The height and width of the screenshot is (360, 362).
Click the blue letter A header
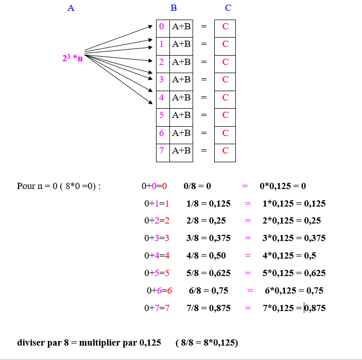71,8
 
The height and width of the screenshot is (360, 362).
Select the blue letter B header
174,8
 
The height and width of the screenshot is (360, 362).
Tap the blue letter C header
228,8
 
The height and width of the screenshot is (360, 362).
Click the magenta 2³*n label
72,58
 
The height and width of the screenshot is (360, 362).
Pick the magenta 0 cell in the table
162,26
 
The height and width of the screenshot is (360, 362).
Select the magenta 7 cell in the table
162,150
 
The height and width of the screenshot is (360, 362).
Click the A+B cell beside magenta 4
181,97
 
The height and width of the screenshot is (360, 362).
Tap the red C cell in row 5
226,115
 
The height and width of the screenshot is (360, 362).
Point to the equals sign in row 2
203,62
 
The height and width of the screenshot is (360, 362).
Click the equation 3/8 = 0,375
208,238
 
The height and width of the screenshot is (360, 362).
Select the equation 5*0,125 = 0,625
294,273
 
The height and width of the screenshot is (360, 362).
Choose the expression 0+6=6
159,290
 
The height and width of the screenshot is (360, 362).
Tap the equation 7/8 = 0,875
208,308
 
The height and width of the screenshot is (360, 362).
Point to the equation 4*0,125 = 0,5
289,255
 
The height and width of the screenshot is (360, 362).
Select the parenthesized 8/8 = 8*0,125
206,342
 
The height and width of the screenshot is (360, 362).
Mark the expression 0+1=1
157,203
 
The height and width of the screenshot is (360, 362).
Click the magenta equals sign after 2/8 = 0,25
248,221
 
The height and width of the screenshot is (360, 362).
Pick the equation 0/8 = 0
197,186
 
